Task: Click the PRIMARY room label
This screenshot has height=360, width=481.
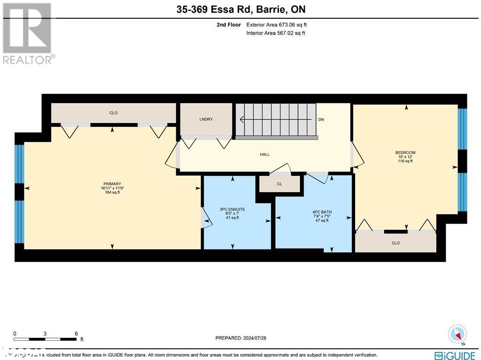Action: point(112,184)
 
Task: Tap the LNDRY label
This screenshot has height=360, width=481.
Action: point(206,119)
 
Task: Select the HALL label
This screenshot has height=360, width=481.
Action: point(265,155)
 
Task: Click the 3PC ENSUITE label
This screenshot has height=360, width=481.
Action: point(232,209)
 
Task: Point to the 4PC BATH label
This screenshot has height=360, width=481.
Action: point(322,212)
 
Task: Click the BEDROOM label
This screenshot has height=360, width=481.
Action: point(405,153)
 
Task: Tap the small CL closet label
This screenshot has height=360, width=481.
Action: point(279,184)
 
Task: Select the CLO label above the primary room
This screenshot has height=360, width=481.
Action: point(113,113)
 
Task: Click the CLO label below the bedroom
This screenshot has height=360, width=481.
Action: point(396,243)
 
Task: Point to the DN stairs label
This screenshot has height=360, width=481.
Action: point(321,120)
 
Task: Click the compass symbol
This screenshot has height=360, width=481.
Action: point(457,334)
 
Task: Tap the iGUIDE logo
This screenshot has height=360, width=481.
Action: point(455,355)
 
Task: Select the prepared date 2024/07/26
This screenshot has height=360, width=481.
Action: point(240,338)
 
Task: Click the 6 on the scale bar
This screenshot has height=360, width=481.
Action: point(76,333)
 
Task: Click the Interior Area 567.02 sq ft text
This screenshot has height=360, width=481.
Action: point(275,33)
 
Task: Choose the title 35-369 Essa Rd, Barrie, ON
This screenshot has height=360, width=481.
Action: point(241,9)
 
